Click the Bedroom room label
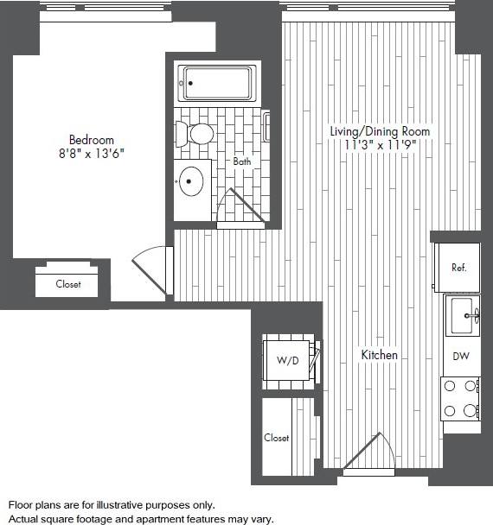[x=92, y=139]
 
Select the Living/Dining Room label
[x=380, y=131]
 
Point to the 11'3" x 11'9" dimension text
[x=380, y=145]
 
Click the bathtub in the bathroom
[x=218, y=84]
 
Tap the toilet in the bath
[x=197, y=133]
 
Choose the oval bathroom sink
[x=191, y=180]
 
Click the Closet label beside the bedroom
[x=68, y=283]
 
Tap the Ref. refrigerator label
[x=459, y=268]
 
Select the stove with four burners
[x=460, y=398]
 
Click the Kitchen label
[x=380, y=355]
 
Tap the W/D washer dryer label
[x=286, y=360]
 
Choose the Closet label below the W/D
[x=276, y=438]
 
